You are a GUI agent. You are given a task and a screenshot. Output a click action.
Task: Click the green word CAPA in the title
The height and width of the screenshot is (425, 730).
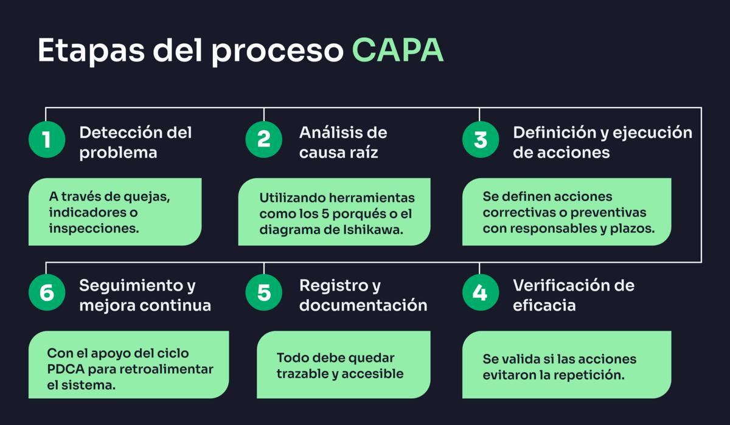(397, 51)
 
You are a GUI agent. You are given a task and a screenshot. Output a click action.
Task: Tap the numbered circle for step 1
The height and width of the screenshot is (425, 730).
(47, 140)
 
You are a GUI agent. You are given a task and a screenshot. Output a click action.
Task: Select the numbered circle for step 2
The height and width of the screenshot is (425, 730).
(263, 140)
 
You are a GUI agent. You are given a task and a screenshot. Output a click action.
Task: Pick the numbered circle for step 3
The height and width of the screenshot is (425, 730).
(480, 140)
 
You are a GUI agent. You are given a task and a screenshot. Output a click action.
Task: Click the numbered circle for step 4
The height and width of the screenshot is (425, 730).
(480, 293)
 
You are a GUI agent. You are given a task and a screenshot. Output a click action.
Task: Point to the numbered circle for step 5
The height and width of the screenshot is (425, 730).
(263, 293)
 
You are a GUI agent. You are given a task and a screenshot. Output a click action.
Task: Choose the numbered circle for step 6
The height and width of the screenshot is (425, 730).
(47, 293)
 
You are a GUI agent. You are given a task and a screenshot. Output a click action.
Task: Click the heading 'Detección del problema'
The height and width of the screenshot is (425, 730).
(135, 142)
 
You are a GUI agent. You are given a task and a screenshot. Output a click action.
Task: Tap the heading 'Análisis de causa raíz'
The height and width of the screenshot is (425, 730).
(342, 142)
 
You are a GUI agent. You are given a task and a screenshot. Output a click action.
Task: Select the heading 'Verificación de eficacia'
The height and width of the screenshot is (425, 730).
(573, 295)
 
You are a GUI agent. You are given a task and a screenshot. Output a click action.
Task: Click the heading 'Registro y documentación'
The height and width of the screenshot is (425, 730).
(363, 295)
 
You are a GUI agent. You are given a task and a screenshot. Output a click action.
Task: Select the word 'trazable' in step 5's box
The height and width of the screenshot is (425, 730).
(302, 374)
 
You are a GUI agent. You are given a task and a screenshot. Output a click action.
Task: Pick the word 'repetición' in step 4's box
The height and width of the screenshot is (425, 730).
(593, 375)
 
